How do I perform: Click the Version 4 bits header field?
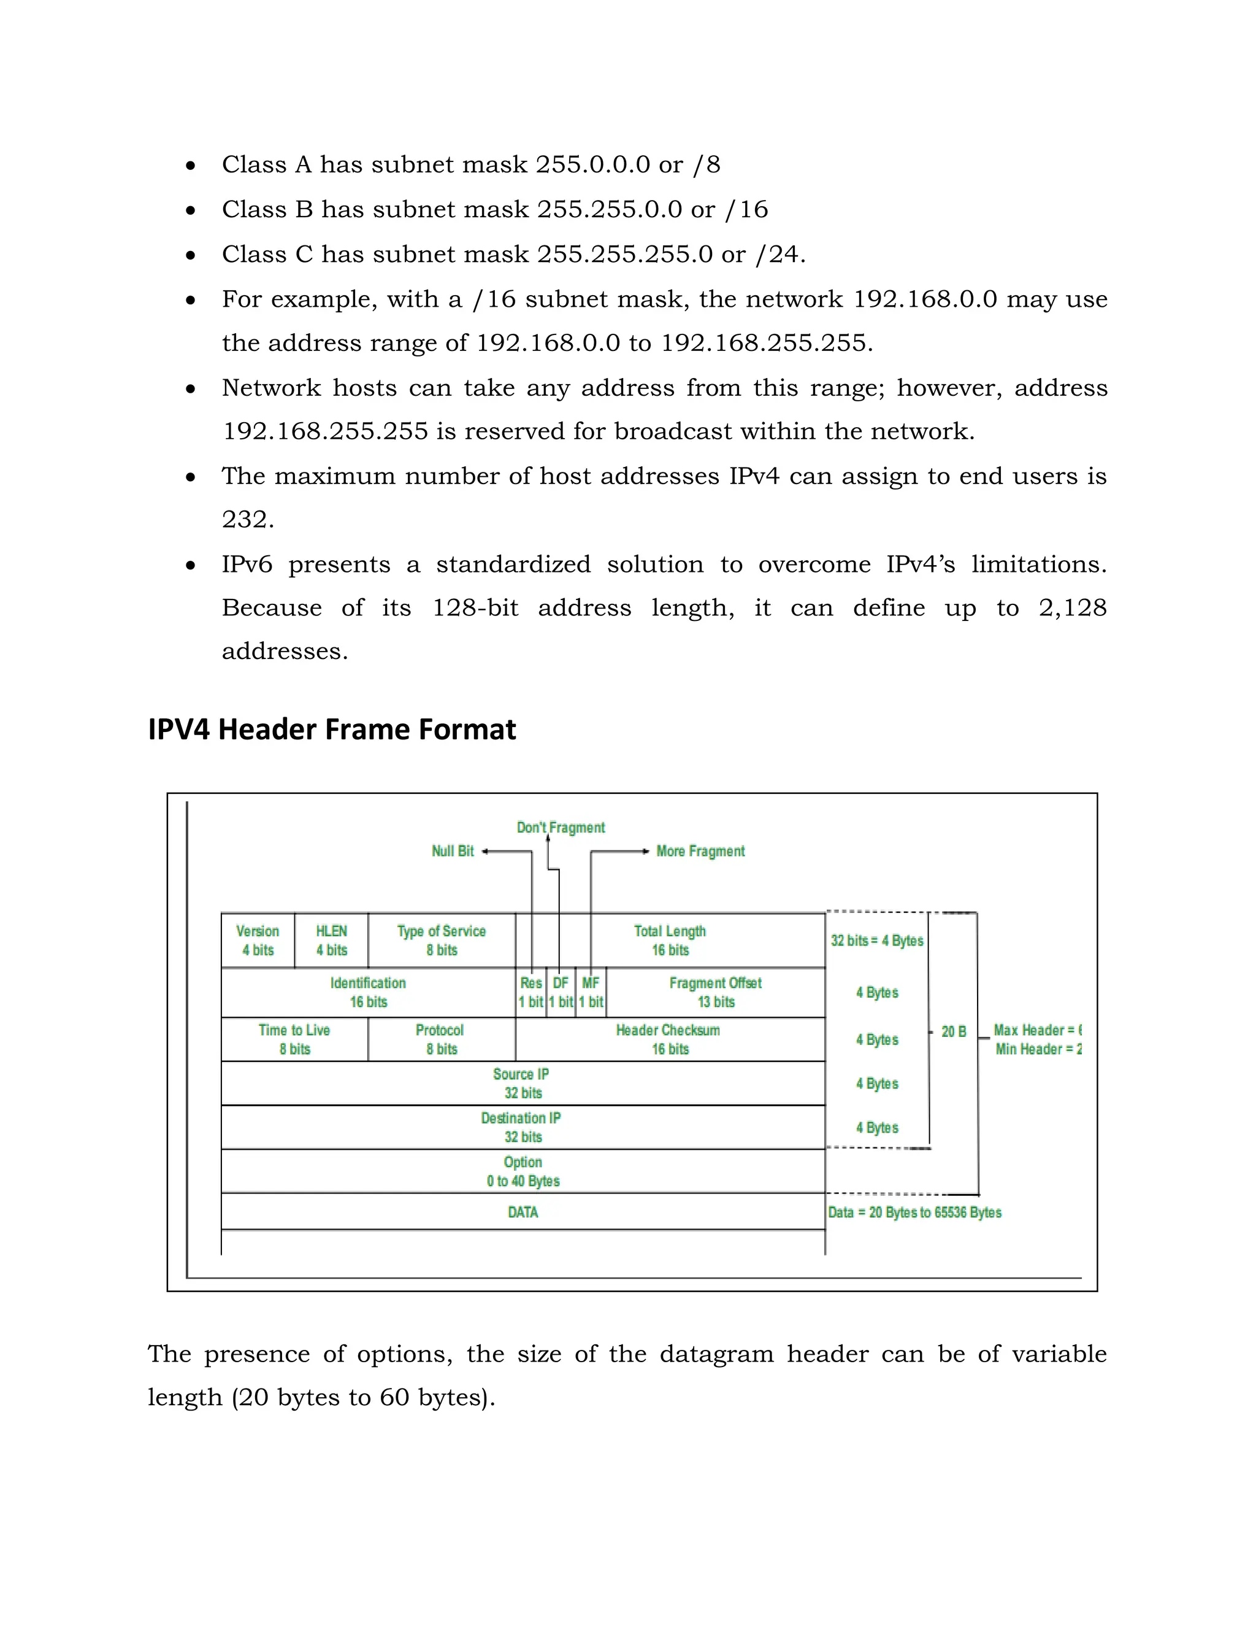tap(258, 940)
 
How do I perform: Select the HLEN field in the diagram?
tap(331, 940)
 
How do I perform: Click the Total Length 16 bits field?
tap(670, 940)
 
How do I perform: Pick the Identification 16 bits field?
tap(369, 992)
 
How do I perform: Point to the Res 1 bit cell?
tap(531, 992)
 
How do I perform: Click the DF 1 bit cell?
tap(561, 992)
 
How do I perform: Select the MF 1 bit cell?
tap(591, 992)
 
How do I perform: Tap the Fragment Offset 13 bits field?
tap(715, 992)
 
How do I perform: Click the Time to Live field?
tap(294, 1039)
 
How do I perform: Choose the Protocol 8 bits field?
tap(441, 1039)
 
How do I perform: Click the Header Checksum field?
tap(669, 1039)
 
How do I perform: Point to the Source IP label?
tap(522, 1075)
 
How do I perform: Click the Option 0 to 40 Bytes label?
tap(523, 1171)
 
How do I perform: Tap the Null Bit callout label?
tap(453, 851)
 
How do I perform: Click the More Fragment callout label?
tap(700, 851)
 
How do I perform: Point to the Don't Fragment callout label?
tap(561, 828)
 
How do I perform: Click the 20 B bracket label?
tap(953, 1032)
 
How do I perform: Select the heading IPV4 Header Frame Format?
tap(332, 730)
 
